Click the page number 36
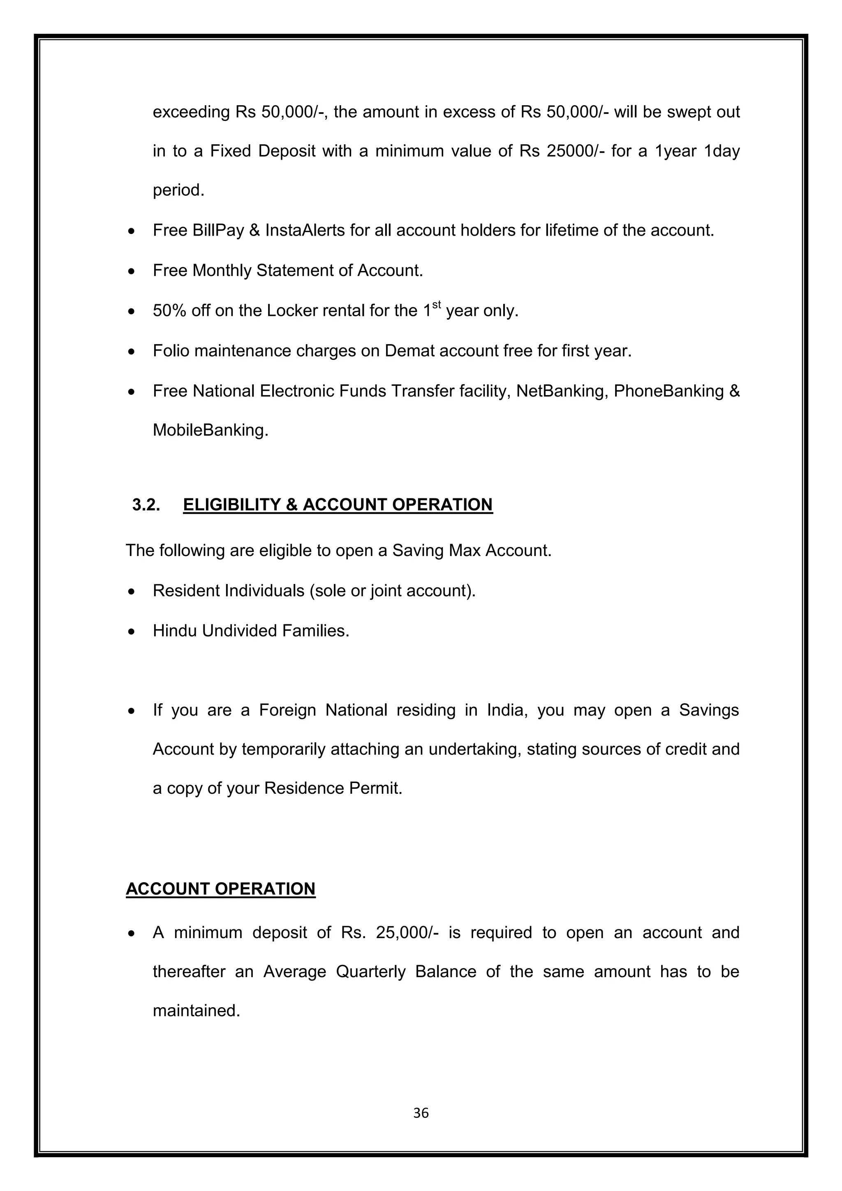coord(421,1113)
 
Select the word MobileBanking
coord(210,430)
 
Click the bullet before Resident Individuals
coord(133,591)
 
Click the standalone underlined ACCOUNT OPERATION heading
coord(220,889)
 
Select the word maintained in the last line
coord(196,1011)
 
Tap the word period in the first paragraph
coord(178,191)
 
